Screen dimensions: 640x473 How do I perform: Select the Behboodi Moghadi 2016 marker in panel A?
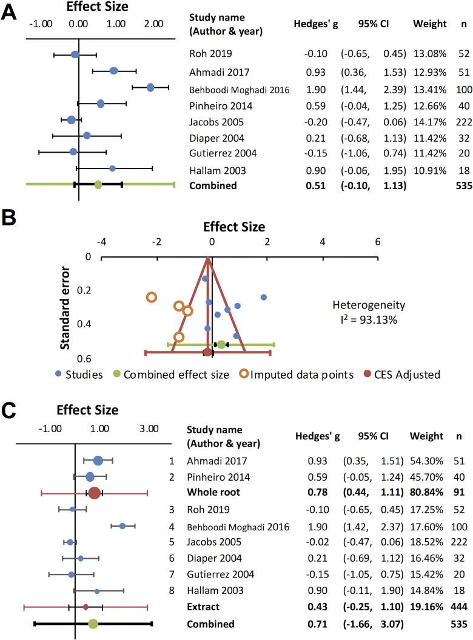click(x=150, y=88)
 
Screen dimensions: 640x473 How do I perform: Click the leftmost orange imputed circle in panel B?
click(x=152, y=297)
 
